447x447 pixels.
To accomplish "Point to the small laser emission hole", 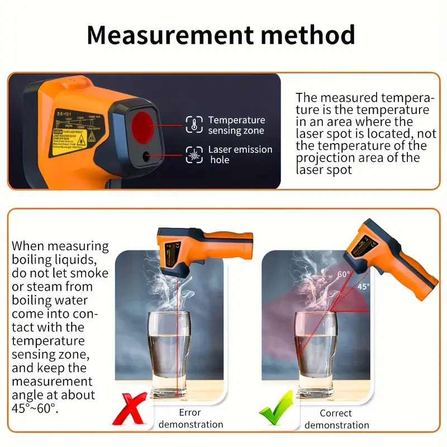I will click(147, 157).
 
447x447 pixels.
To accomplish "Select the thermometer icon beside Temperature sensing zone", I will click(194, 125).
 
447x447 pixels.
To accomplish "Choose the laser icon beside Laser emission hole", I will click(194, 155).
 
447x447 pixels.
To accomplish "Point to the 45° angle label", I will click(363, 287).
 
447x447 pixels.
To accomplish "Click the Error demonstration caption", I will click(191, 419).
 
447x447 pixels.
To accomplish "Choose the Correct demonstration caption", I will click(336, 419).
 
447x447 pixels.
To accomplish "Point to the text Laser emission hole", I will click(240, 155).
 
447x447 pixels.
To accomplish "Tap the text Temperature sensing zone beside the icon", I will click(236, 125).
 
